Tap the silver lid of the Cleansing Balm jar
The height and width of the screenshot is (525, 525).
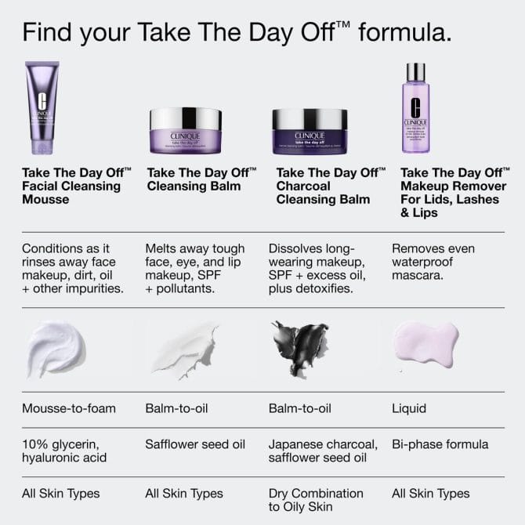[185, 118]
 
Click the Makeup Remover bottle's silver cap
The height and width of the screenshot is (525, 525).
[415, 73]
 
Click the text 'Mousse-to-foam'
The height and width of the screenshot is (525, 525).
[69, 408]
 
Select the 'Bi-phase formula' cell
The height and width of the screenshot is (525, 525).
[440, 444]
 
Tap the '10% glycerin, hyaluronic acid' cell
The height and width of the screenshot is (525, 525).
[65, 451]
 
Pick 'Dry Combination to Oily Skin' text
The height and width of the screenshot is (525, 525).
[316, 500]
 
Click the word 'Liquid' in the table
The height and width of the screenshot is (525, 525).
[409, 408]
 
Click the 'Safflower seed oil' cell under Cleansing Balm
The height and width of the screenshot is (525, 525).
[195, 444]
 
